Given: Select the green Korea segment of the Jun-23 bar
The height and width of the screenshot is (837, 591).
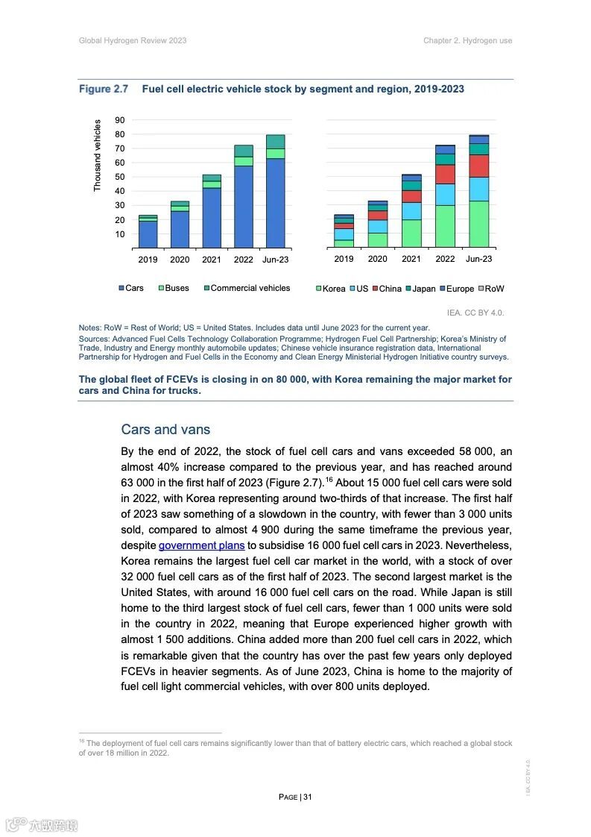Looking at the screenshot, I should coord(478,224).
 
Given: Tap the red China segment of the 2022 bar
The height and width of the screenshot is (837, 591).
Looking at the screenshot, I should coord(445,174).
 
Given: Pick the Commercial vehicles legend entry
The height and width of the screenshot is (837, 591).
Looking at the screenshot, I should coord(246,288).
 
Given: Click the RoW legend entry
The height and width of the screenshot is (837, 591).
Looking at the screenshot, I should coord(490,289).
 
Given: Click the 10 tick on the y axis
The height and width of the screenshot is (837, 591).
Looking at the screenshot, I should coord(120,234).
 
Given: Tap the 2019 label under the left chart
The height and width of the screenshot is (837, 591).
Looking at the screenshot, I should coord(148,260).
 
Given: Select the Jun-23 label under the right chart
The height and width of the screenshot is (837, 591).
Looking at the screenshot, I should coord(478,259).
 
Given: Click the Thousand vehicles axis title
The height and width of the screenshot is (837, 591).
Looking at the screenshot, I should coord(97,156).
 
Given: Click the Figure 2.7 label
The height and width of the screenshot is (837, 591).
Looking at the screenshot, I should coord(104,89).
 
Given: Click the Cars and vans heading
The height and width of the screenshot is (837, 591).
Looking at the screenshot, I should coord(165,430).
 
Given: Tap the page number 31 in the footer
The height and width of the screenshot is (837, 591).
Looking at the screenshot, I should coord(307,797).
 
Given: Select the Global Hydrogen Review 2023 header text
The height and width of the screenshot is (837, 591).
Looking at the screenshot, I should coord(133,40).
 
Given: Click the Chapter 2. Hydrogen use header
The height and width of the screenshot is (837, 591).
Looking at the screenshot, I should coord(467,40).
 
